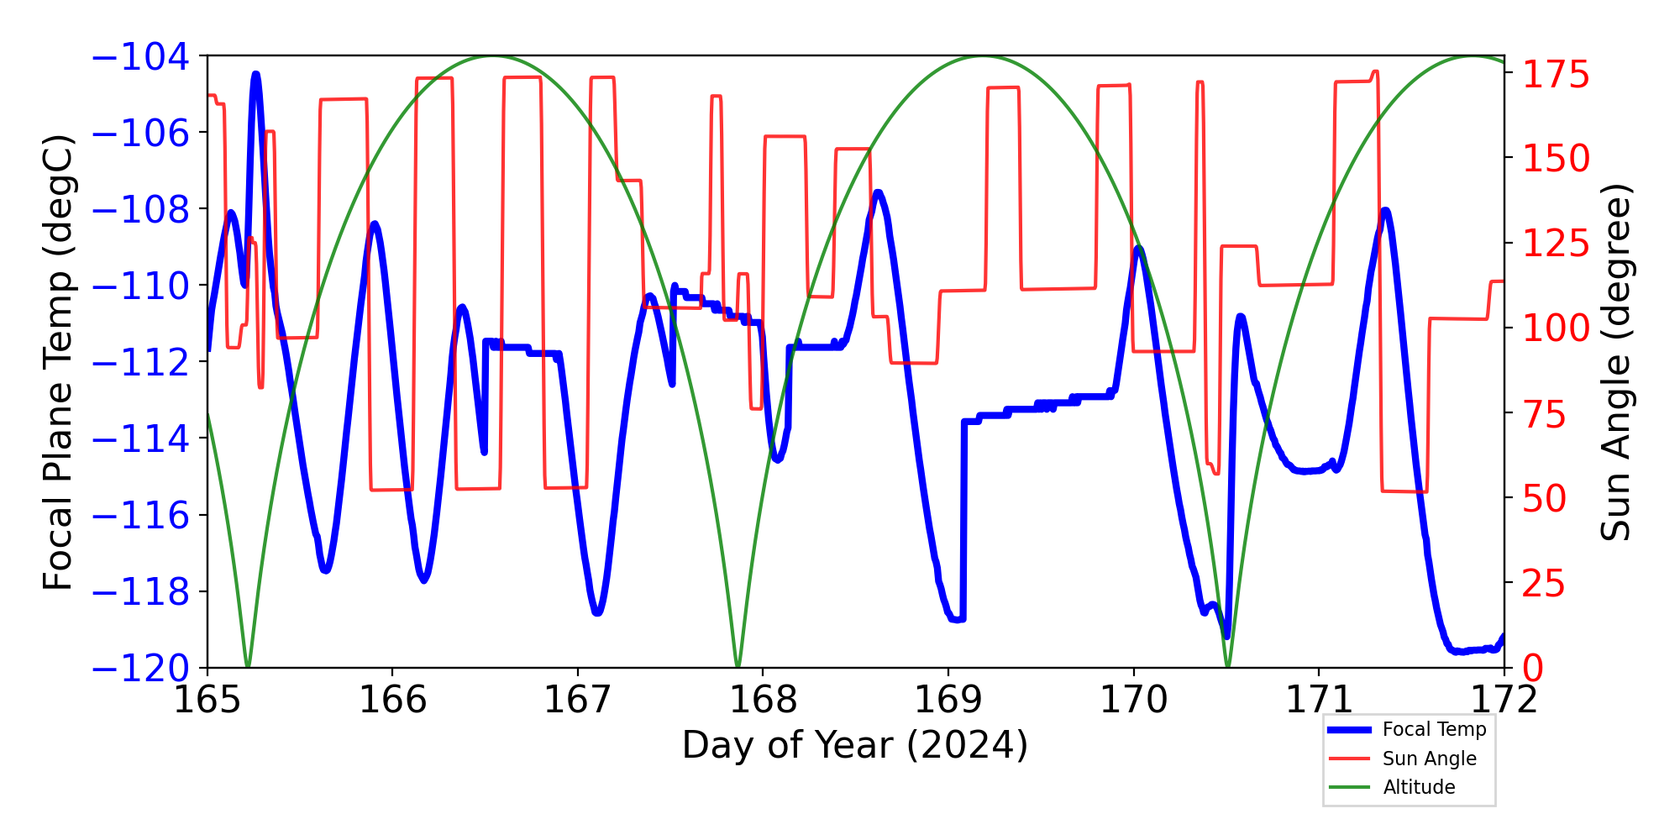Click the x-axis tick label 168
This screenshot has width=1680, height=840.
point(763,700)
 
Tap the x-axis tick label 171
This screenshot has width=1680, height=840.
point(1319,700)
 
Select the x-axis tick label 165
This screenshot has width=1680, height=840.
point(207,700)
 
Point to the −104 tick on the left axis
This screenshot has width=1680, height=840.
point(140,56)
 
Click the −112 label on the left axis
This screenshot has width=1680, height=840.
point(140,363)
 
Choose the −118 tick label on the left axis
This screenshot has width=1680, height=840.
point(140,592)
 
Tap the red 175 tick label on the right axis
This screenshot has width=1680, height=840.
point(1557,75)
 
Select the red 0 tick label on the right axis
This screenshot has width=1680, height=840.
point(1534,669)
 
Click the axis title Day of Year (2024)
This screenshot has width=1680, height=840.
point(855,745)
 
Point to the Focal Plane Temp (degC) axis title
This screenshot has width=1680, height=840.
point(59,362)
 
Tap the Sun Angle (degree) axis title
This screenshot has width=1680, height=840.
point(1614,362)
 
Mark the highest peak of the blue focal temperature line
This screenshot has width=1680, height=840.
point(256,74)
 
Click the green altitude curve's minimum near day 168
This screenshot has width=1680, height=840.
point(738,666)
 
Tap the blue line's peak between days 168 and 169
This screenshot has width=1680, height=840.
point(878,192)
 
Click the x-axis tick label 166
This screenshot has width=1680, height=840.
point(392,700)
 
